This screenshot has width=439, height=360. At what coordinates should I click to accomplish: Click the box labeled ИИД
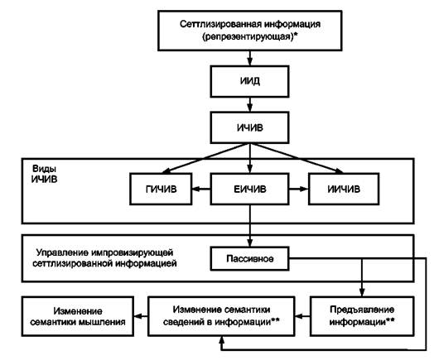pos(249,81)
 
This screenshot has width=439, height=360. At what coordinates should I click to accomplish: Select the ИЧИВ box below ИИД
pos(249,127)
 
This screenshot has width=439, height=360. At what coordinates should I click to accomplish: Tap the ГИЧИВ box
pos(161,189)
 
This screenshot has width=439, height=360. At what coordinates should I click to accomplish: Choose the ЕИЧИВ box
pos(249,189)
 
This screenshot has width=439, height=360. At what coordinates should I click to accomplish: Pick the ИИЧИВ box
pos(344,189)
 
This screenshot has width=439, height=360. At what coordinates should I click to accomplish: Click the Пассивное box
pos(249,259)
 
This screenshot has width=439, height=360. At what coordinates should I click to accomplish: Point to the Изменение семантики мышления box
pos(78,316)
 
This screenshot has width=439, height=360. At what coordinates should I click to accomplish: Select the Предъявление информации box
pos(362,316)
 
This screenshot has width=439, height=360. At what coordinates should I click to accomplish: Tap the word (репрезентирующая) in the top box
pos(248,36)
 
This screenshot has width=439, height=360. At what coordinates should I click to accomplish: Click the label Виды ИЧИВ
pos(44,174)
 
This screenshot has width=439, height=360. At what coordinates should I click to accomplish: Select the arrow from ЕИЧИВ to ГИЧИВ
pos(201,189)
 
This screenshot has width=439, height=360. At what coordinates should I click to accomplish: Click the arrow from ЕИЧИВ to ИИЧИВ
pos(299,189)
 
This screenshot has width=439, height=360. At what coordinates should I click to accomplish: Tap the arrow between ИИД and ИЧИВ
pos(250,104)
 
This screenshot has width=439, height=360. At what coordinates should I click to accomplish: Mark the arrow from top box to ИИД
pos(250,58)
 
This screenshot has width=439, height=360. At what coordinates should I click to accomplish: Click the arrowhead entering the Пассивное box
pos(250,242)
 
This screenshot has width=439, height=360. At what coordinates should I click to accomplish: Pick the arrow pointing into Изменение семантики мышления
pos(141,316)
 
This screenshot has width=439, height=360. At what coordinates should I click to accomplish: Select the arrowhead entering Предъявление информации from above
pos(362,292)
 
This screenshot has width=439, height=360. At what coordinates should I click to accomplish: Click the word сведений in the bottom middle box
pos(183,322)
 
